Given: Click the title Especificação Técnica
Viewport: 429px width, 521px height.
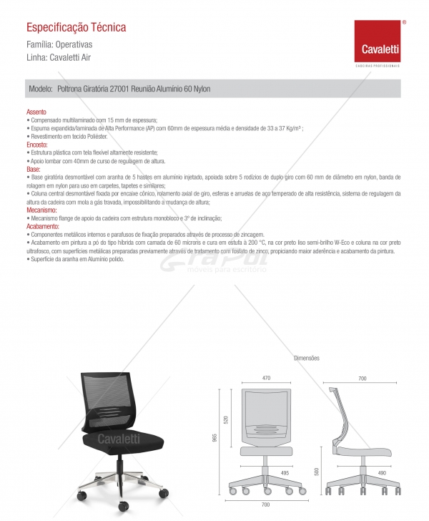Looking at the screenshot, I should click(x=76, y=27).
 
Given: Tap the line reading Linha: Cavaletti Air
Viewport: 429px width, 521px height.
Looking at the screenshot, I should click(x=58, y=57).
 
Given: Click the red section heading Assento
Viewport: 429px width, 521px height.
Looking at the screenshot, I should click(x=36, y=112).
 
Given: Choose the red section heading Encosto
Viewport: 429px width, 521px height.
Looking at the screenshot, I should click(x=37, y=145).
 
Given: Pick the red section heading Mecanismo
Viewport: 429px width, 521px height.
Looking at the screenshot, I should click(x=41, y=211).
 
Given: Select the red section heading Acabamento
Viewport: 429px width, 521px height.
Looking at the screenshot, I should click(x=42, y=226).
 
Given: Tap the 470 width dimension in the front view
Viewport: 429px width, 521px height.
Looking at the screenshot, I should click(x=266, y=378).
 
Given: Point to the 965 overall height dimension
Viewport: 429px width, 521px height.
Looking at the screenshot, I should click(x=214, y=438).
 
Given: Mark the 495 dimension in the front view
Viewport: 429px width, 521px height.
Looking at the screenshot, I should click(x=285, y=473).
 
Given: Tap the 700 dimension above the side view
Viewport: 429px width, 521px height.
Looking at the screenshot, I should click(x=363, y=378).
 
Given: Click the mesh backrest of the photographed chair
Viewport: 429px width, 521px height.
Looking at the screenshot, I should click(x=108, y=397).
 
